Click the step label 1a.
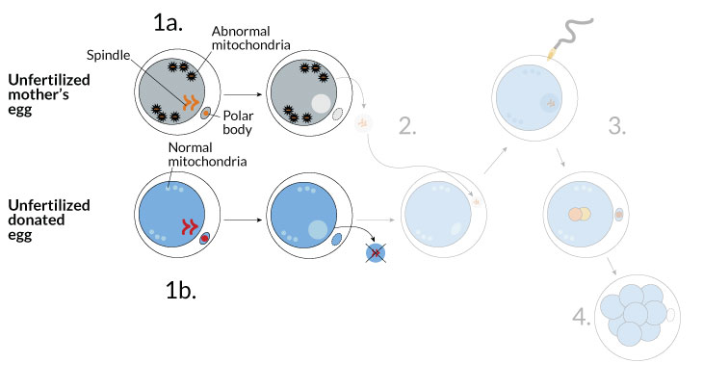[x=175, y=22]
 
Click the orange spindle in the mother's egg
[x=193, y=100]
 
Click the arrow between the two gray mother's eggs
[x=242, y=96]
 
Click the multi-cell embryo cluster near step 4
[x=632, y=314]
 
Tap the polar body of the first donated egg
[x=205, y=239]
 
